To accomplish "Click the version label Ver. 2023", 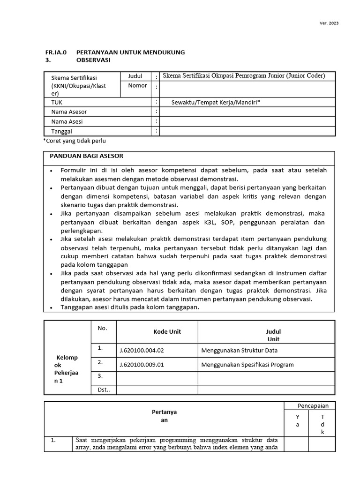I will click(x=330, y=23).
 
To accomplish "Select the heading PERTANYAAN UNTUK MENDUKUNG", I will click(x=130, y=52).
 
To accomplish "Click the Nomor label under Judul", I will click(x=137, y=86).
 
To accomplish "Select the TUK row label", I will click(x=57, y=102).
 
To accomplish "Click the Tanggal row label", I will click(x=62, y=132).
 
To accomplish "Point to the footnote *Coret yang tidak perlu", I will click(x=77, y=141).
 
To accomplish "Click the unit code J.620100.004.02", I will click(x=142, y=350).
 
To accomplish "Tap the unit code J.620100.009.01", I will click(x=142, y=365).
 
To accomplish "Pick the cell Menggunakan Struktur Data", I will click(x=242, y=350).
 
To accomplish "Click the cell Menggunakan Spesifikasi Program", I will click(x=247, y=365).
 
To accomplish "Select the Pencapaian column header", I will click(x=313, y=405).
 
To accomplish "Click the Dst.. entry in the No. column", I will click(x=104, y=390).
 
